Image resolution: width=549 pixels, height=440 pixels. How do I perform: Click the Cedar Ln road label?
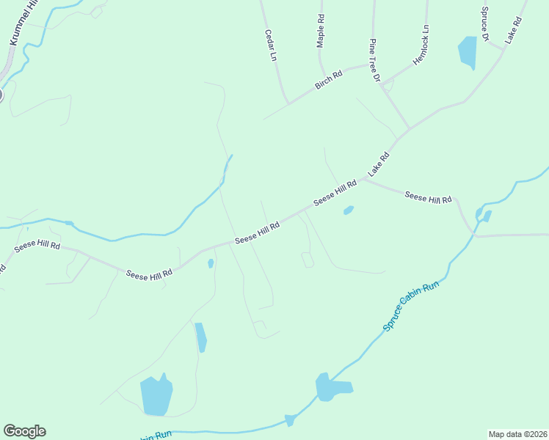click(269, 45)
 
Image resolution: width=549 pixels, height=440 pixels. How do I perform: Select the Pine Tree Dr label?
click(374, 59)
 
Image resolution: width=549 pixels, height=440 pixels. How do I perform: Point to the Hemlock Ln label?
click(421, 45)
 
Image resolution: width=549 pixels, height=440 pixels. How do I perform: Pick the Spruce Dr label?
click(485, 24)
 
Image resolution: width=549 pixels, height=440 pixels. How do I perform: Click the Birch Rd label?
click(329, 80)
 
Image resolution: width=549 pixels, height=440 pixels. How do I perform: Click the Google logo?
click(24, 431)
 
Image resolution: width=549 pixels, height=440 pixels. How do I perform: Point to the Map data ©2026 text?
click(517, 433)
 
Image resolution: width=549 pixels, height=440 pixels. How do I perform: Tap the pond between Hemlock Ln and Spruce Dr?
click(467, 52)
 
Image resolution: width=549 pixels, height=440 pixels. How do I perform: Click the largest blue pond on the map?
click(156, 396)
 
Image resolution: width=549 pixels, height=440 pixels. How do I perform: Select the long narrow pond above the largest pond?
click(200, 337)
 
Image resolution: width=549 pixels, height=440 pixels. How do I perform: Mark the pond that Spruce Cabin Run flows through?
click(332, 386)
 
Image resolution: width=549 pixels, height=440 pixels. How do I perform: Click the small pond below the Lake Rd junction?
click(349, 211)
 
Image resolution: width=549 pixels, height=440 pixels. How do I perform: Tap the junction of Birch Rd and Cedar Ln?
click(288, 103)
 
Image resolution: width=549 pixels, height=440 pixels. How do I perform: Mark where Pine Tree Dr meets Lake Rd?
click(408, 129)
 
